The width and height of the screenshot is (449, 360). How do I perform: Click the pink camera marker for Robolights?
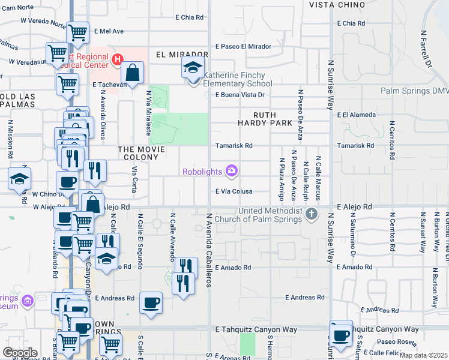click(231, 172)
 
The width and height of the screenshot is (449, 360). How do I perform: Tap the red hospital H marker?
click(116, 60)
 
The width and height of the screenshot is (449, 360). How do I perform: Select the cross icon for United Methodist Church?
click(311, 214)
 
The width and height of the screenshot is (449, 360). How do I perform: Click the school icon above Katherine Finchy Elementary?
click(193, 68)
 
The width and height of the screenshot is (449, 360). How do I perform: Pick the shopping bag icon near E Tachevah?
click(131, 73)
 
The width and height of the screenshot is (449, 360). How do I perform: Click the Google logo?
click(20, 353)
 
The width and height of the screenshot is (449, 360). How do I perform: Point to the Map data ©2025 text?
click(424, 355)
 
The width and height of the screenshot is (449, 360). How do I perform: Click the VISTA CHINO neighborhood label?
click(337, 4)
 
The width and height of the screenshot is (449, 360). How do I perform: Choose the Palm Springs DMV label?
click(414, 91)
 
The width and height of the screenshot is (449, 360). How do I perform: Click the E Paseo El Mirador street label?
click(243, 46)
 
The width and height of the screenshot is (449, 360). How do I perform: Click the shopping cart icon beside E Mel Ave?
click(77, 32)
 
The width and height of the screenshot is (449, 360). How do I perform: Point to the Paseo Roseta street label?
click(394, 342)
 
